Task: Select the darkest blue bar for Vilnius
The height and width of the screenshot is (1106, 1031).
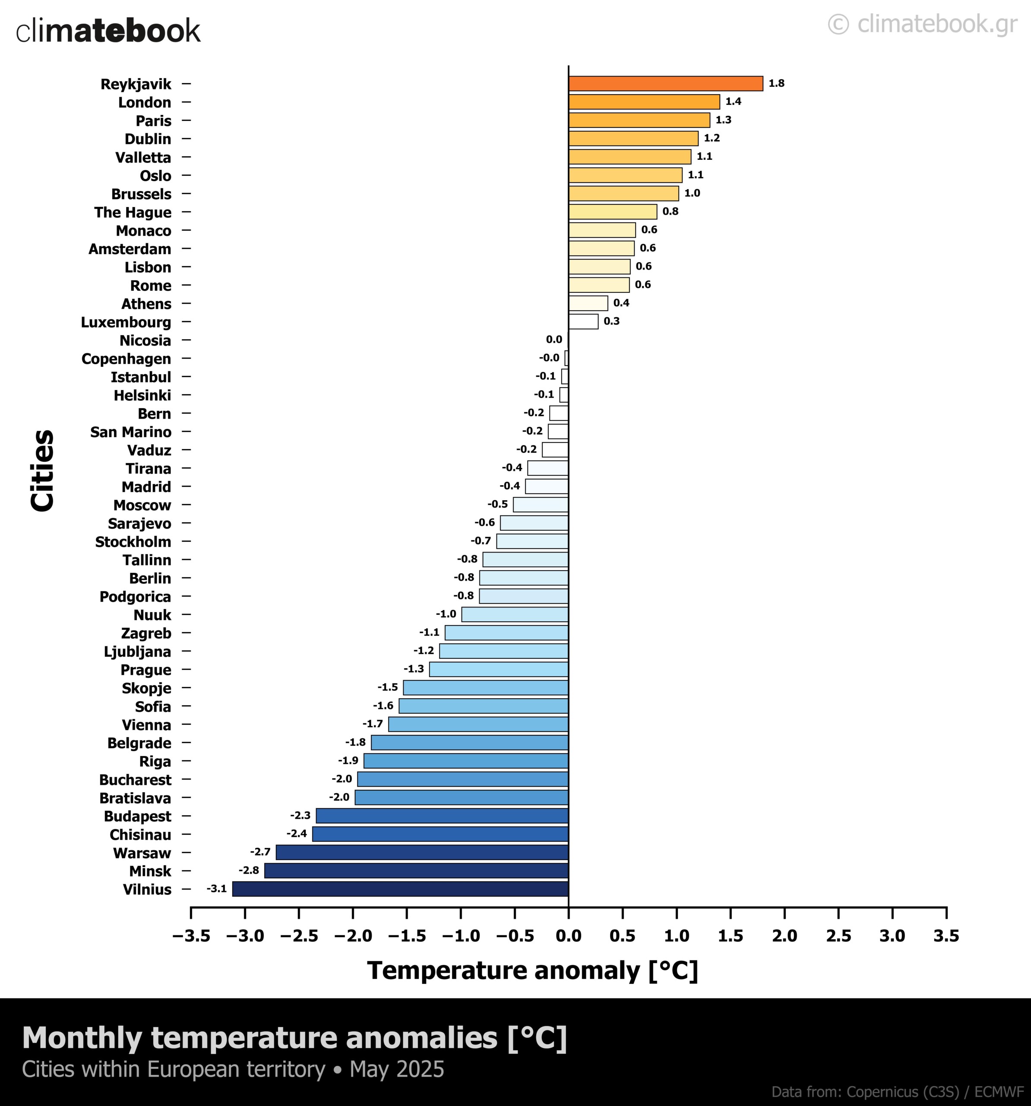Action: (400, 888)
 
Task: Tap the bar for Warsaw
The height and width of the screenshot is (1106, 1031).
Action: (422, 852)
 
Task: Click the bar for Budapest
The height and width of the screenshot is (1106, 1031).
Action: (442, 816)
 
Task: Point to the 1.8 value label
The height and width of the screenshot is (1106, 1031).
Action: (776, 83)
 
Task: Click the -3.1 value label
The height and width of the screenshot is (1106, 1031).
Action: (217, 888)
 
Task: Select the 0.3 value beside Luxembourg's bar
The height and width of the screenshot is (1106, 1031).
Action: (612, 321)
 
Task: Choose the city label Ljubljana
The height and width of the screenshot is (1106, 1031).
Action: (137, 652)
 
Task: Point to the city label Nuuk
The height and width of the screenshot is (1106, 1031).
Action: (152, 615)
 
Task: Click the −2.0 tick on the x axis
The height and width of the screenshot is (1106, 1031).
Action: (353, 936)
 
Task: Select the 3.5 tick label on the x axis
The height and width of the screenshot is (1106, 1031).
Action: (946, 936)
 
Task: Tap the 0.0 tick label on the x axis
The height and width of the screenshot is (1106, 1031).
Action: (568, 936)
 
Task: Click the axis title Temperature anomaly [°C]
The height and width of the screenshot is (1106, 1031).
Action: (532, 971)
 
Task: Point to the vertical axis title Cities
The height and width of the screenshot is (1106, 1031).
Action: (43, 470)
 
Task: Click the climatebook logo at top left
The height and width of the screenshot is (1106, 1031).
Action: (108, 31)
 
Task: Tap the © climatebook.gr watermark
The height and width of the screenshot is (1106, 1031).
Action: (923, 24)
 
